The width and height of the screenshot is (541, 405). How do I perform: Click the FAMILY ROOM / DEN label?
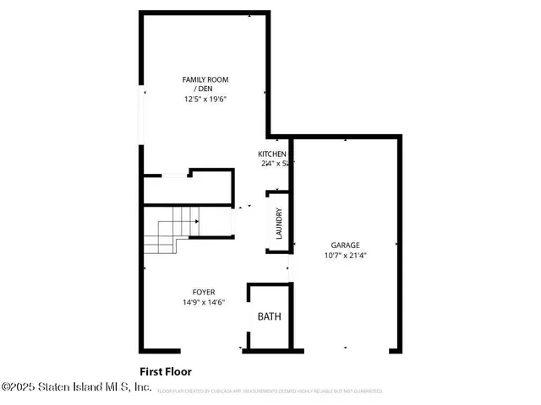click(205, 84)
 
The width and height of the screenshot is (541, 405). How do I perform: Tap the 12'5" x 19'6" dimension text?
click(205, 99)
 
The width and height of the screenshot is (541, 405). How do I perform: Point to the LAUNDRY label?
click(278, 224)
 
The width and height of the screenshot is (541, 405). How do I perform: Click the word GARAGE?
click(345, 246)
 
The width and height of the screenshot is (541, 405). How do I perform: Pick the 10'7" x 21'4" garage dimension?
click(345, 255)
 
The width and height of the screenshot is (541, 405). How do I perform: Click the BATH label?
click(269, 317)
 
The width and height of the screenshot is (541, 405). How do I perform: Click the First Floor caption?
click(166, 370)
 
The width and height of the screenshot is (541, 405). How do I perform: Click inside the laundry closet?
click(278, 224)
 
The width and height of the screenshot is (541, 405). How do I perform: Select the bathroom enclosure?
click(270, 318)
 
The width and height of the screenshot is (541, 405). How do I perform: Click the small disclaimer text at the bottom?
click(271, 391)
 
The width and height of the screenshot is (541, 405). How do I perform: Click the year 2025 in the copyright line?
click(21, 387)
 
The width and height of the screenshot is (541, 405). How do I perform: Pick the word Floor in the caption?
click(178, 370)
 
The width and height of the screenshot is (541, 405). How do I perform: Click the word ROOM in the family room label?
click(217, 79)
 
